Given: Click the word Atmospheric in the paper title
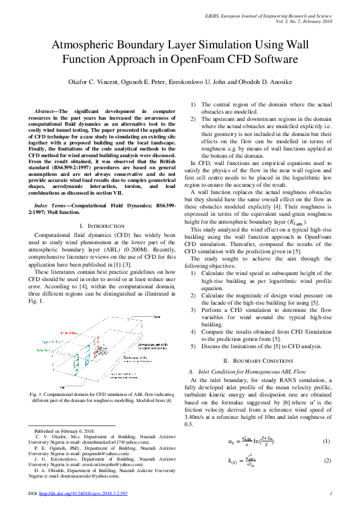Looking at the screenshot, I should pos(88,45).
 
